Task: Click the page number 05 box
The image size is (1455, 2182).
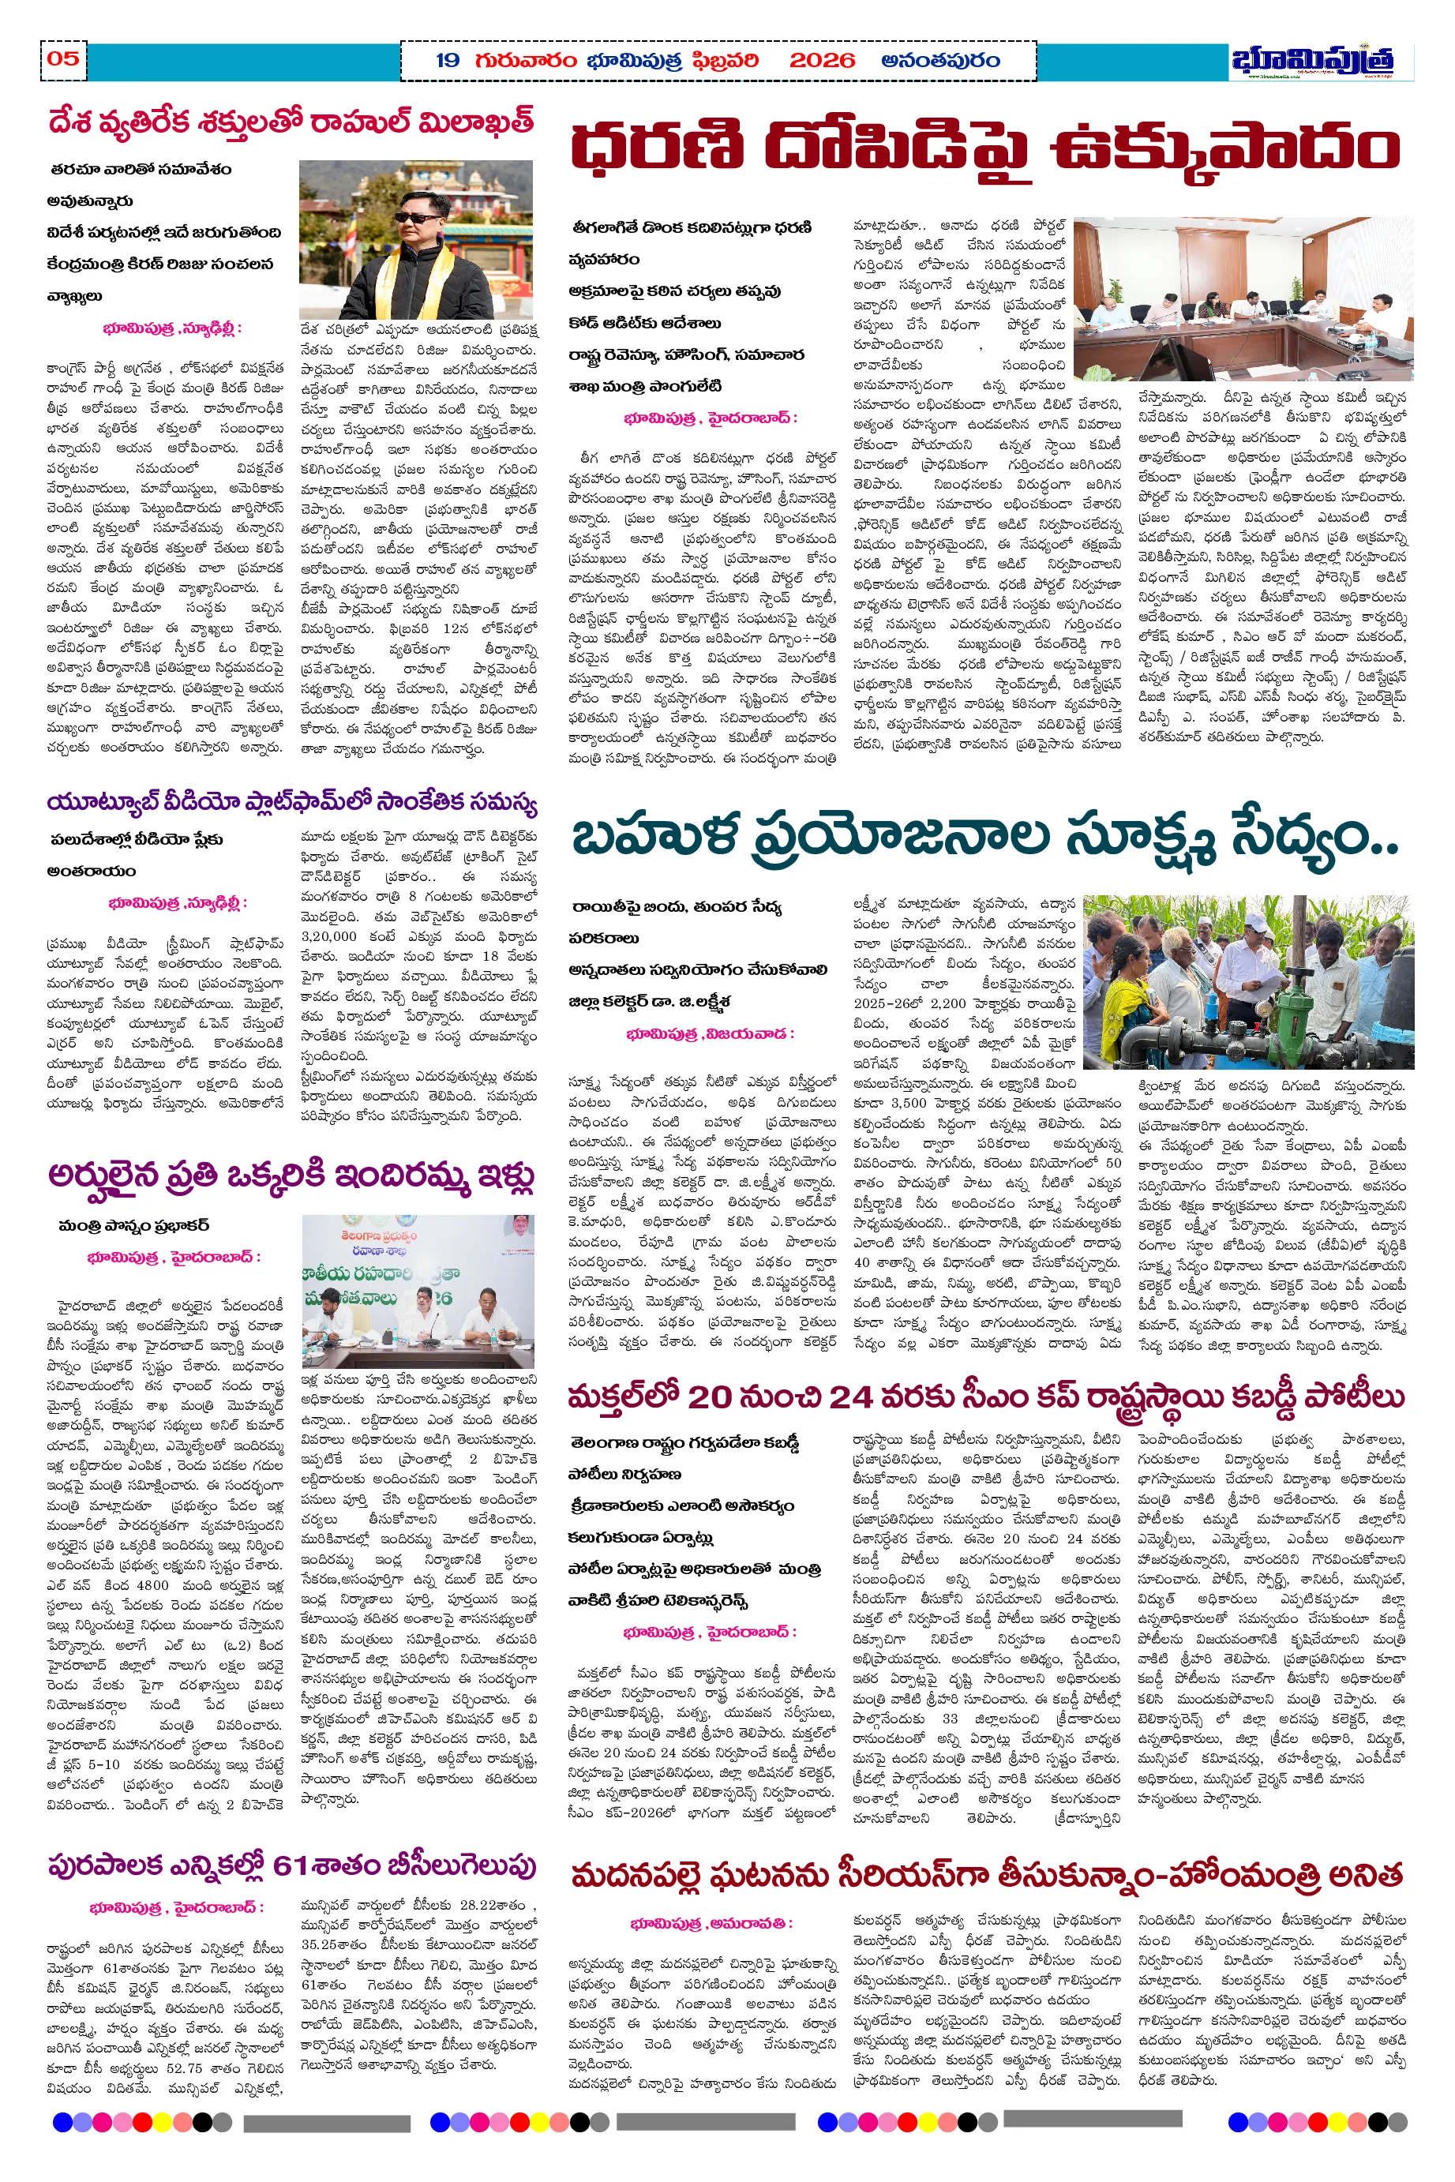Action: pyautogui.click(x=63, y=59)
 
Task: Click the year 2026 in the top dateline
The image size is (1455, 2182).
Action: pyautogui.click(x=821, y=62)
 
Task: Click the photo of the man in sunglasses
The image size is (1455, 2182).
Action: pyautogui.click(x=416, y=239)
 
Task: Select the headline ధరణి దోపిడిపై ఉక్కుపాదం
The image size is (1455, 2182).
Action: pyautogui.click(x=984, y=148)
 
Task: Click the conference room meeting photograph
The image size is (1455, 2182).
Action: pyautogui.click(x=1243, y=298)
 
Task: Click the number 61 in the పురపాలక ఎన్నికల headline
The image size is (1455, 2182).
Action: pyautogui.click(x=291, y=1865)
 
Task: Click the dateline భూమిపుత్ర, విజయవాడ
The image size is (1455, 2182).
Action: pyautogui.click(x=710, y=1033)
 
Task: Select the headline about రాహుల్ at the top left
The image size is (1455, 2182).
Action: pyautogui.click(x=291, y=122)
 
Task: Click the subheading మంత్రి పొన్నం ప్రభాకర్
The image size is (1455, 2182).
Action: pyautogui.click(x=133, y=1225)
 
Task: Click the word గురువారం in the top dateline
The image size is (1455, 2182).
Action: pyautogui.click(x=525, y=62)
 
